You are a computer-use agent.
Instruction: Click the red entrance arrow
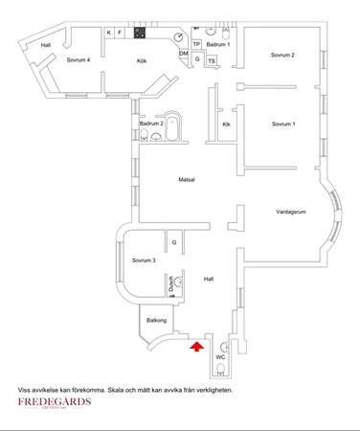tap(197, 347)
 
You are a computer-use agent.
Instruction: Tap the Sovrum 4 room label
tap(79, 60)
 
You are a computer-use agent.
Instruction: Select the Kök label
tap(141, 61)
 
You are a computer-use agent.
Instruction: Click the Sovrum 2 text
tap(282, 56)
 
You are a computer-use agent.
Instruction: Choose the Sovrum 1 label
tap(282, 125)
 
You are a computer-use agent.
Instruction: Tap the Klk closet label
tap(227, 125)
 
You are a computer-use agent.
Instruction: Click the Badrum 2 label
tap(151, 125)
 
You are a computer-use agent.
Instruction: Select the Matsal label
tap(187, 180)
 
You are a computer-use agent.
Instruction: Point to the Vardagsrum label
tap(290, 211)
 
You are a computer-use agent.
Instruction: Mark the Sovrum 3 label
tap(144, 261)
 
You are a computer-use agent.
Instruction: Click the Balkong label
tap(157, 321)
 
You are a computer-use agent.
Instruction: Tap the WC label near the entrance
tap(219, 357)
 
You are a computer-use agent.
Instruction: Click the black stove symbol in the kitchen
tap(140, 33)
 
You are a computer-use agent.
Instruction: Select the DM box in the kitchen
tap(184, 53)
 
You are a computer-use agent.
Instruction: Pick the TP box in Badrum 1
tap(197, 44)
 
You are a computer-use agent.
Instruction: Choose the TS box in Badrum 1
tap(212, 61)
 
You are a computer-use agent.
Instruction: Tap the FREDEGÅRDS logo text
tap(55, 402)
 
